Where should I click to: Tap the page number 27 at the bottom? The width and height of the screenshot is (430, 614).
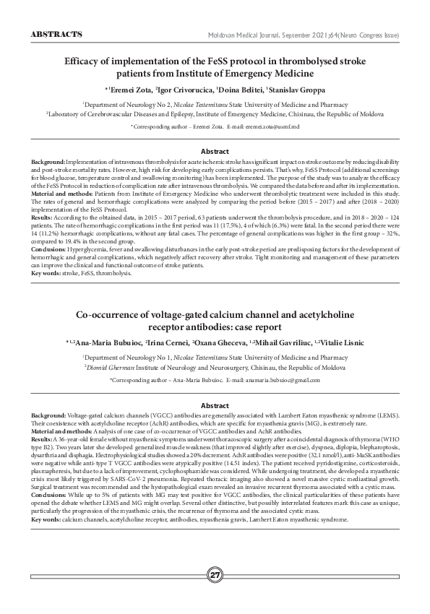click(215, 576)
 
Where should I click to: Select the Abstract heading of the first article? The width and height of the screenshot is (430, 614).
click(215, 152)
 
